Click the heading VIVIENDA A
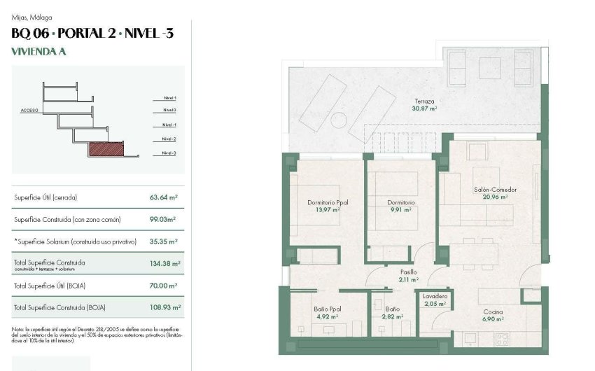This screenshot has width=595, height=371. coord(38,51)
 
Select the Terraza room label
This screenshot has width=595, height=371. coord(424,101)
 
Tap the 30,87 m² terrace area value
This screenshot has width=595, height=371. coord(424,108)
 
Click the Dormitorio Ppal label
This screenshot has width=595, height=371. coord(328,202)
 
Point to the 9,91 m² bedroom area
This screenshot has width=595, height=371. coord(401,209)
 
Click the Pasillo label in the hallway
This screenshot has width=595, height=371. coord(409,272)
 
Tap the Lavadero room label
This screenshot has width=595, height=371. coord(434,296)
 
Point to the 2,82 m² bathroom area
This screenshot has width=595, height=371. coord(392,316)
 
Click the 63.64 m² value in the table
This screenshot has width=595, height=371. coord(164,197)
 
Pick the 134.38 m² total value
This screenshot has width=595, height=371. coord(165,263)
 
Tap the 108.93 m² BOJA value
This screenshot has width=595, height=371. coord(165,307)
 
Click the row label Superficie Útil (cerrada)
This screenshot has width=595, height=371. coord(45,197)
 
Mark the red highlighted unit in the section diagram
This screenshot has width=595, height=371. coord(105,149)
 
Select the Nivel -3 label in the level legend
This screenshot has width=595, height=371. coord(169,153)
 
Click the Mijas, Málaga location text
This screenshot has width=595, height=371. coord(32,17)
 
